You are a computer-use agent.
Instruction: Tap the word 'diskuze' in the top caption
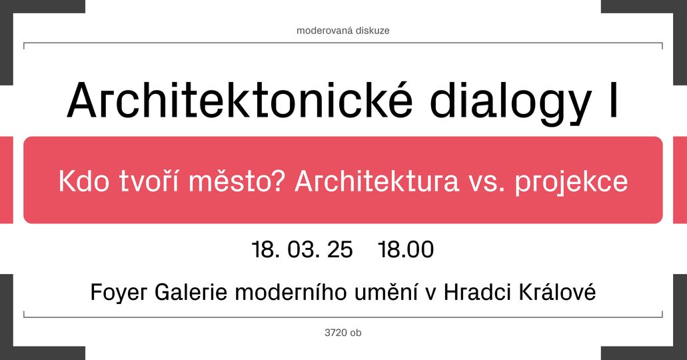[372, 31]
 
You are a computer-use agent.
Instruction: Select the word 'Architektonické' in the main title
[240, 99]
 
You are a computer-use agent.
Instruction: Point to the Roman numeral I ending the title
[614, 101]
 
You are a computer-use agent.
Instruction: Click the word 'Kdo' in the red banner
[84, 181]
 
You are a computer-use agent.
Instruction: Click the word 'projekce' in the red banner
[571, 183]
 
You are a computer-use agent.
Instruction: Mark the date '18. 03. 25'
[303, 249]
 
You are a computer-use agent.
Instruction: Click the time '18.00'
[406, 249]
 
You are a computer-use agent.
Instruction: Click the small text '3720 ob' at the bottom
[343, 333]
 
